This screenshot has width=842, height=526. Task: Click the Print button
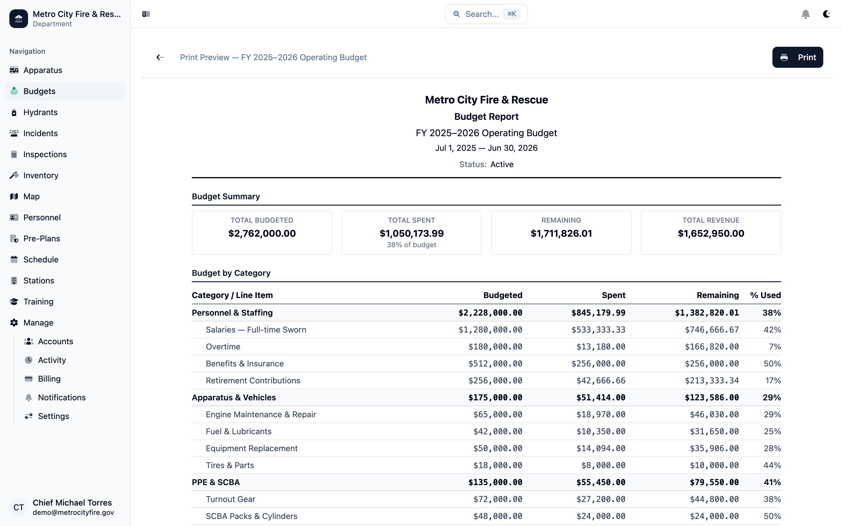point(798,57)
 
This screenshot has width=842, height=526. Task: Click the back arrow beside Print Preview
point(160,57)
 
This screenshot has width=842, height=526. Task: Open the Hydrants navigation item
point(40,113)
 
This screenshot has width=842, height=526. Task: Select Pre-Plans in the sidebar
point(42,239)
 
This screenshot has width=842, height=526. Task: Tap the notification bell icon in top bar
point(805,14)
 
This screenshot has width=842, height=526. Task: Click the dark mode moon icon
point(826,14)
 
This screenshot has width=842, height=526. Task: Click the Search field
point(486,14)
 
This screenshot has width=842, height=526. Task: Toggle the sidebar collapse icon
point(146,14)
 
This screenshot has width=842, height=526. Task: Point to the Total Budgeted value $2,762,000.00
point(262,233)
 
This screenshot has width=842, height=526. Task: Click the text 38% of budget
point(411,245)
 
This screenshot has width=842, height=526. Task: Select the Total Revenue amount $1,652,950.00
point(710,233)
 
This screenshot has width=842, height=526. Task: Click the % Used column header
point(765,295)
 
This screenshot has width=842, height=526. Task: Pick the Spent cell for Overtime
point(601,347)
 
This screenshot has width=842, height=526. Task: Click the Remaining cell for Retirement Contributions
point(712,380)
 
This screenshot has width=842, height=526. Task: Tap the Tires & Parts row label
point(230,466)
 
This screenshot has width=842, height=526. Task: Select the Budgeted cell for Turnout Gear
point(498,499)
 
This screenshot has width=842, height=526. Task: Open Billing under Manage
point(49,379)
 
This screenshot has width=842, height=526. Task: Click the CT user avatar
point(18,508)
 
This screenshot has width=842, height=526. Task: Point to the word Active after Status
point(502,165)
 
